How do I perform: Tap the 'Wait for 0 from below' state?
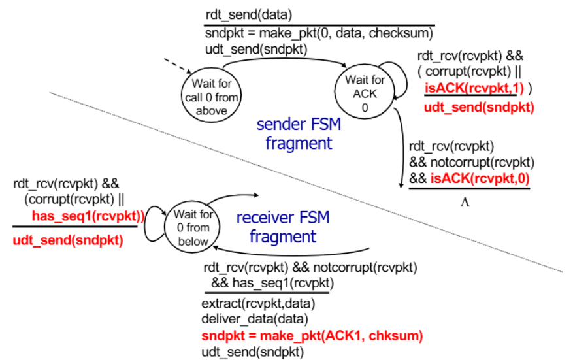click(192, 227)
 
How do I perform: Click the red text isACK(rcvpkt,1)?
click(474, 88)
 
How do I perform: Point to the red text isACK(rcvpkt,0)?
click(480, 178)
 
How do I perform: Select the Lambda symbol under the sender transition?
click(465, 202)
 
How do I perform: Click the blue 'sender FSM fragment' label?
click(299, 133)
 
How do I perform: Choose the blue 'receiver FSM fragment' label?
click(283, 227)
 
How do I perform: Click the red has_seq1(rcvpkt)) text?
click(88, 216)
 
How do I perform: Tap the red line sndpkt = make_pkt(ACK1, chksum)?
click(312, 336)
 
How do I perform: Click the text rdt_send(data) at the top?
click(249, 15)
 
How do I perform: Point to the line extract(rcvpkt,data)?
click(258, 303)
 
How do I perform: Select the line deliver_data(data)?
click(255, 319)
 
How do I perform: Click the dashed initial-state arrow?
click(178, 66)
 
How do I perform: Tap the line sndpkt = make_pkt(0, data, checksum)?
click(319, 33)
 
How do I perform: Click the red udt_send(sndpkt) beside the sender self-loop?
click(479, 107)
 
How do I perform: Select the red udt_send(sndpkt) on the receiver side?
click(67, 240)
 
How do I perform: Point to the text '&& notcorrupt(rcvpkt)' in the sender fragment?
click(472, 162)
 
